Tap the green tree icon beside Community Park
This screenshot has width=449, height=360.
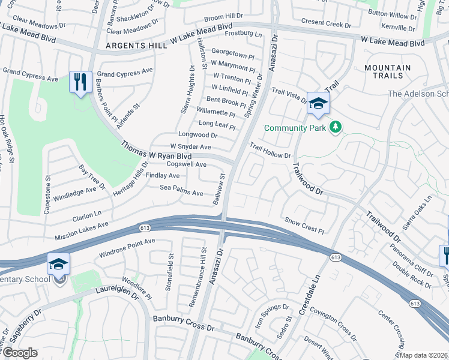[336, 127]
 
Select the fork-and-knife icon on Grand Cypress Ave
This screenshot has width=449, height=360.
[80, 82]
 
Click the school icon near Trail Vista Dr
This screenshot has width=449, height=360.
[318, 103]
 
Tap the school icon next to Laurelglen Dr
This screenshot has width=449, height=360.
[59, 265]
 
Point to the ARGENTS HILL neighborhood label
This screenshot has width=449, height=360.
[133, 46]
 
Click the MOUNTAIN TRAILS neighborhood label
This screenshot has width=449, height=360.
[387, 73]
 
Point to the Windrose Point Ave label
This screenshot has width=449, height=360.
[127, 247]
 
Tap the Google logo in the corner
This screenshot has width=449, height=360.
[20, 353]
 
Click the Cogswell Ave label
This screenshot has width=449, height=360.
[186, 164]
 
